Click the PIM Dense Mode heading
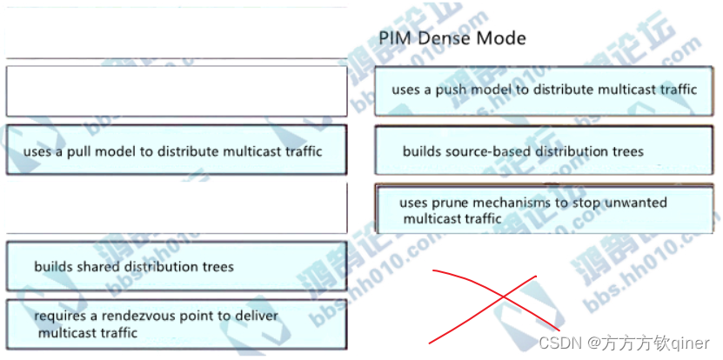pos(452,38)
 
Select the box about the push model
pos(548,90)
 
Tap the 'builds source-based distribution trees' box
pos(548,151)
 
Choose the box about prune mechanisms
pos(548,210)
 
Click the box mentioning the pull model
pos(175,150)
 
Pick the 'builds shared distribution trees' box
pos(175,266)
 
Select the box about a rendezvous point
pos(175,323)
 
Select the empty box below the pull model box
pos(175,209)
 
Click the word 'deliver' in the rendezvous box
pos(255,316)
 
